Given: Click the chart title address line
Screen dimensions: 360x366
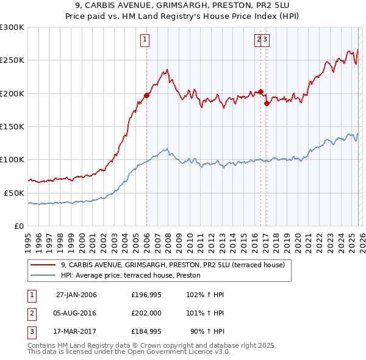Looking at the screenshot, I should (x=183, y=5).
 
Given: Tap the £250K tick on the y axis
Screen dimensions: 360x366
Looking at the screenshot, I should (x=12, y=60).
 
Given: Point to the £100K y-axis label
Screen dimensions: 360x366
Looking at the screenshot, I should (x=12, y=160).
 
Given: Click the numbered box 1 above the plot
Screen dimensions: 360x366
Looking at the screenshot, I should (x=145, y=40).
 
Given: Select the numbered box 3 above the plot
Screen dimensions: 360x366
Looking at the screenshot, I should (x=267, y=40).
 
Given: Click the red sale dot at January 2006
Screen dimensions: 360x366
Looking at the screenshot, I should (x=146, y=95).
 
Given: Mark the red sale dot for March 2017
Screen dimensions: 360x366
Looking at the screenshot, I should (x=267, y=103).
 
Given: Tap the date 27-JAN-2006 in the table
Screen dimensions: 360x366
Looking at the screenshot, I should (x=76, y=295).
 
